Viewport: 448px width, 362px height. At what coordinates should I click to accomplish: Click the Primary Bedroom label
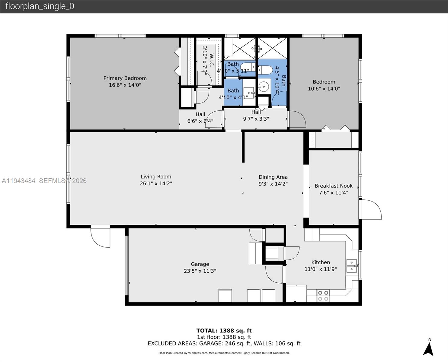(125, 78)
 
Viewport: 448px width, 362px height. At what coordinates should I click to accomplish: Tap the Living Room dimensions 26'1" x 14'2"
(156, 183)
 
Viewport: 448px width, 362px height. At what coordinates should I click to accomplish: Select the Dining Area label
(273, 177)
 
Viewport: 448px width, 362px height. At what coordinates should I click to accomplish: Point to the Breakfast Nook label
(333, 186)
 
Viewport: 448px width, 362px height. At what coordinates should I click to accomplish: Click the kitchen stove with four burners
(323, 296)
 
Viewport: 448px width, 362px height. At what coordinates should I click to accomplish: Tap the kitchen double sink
(351, 266)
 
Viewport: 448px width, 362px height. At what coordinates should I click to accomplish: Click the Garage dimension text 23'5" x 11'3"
(200, 271)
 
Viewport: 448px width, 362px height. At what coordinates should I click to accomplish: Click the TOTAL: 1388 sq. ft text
(224, 331)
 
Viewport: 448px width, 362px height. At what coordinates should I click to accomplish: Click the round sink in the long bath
(264, 87)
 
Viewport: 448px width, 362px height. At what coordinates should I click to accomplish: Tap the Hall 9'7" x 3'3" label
(256, 116)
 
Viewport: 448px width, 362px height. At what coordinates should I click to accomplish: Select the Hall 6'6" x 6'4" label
(200, 118)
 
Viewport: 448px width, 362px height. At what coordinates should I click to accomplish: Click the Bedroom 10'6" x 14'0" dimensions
(324, 89)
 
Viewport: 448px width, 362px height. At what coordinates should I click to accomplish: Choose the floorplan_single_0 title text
(40, 6)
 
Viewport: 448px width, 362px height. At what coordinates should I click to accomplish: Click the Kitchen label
(320, 262)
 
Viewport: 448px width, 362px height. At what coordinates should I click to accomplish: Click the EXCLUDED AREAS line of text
(224, 343)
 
